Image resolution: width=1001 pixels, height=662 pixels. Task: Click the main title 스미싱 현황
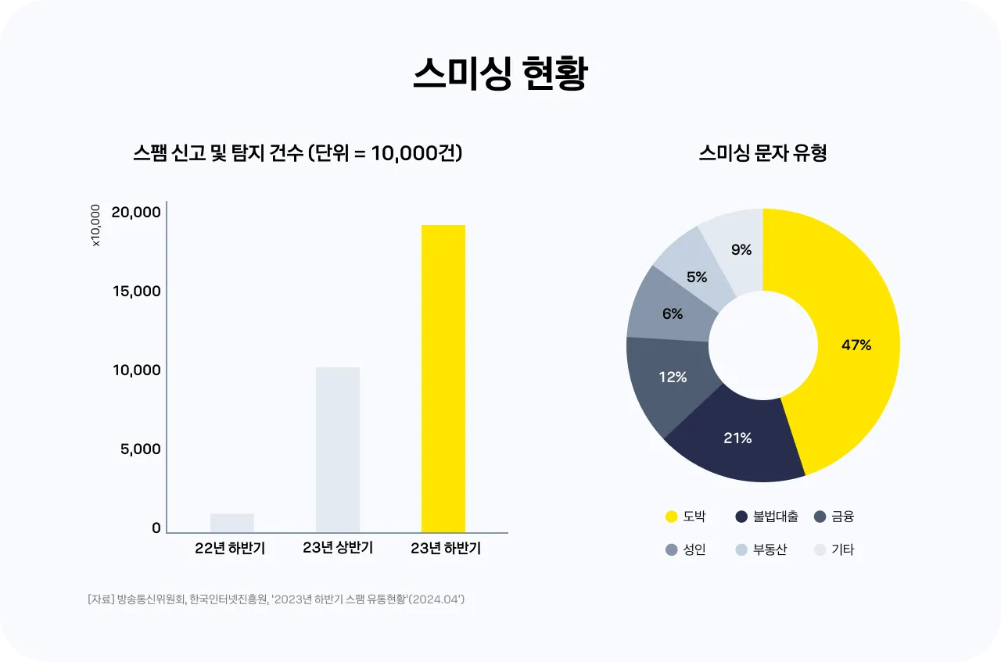[x=500, y=75]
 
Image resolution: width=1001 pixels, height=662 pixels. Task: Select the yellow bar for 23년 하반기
[x=443, y=378]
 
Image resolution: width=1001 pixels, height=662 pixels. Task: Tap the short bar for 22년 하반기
[x=232, y=523]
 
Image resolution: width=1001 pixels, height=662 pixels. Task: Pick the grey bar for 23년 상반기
[x=338, y=449]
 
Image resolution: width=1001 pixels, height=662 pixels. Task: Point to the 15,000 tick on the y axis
[x=137, y=292]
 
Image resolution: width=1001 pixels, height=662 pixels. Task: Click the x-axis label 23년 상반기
[x=338, y=549]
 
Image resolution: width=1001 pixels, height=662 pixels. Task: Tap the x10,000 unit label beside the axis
[x=96, y=226]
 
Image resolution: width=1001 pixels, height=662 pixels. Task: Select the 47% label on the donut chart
[x=856, y=345]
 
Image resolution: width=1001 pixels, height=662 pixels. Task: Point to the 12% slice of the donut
[x=673, y=378]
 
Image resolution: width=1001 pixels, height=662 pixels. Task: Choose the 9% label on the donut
[x=741, y=250]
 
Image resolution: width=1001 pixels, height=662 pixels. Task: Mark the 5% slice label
[x=697, y=277]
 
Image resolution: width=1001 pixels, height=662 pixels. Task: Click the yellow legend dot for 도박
[x=671, y=517]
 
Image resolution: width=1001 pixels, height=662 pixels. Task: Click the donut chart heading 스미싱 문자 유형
[x=763, y=153]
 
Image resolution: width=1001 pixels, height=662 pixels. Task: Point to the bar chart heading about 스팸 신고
[x=297, y=153]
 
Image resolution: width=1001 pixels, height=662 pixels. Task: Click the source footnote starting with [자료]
[x=277, y=599]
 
